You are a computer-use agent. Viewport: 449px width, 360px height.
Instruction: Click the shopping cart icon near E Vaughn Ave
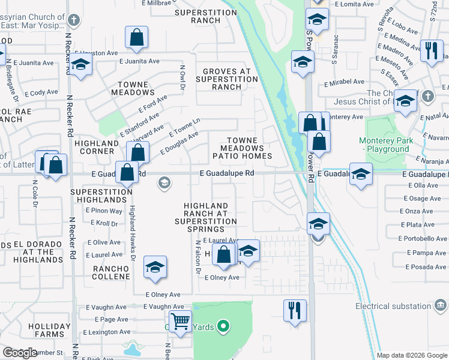coord(180,322)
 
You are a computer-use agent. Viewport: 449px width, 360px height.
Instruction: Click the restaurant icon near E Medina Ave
coord(431,51)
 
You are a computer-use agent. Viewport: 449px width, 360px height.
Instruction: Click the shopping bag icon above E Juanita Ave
coord(137,38)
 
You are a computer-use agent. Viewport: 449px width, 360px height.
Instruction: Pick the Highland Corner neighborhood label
coord(97,147)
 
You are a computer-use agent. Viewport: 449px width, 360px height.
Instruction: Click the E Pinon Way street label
coord(104,211)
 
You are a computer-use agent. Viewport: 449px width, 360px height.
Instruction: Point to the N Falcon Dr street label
coord(197,258)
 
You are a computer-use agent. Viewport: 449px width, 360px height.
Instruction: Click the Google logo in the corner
coord(20,353)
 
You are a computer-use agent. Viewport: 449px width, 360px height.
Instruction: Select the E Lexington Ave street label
coord(106,332)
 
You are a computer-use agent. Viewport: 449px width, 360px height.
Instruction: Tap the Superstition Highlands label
coord(101,196)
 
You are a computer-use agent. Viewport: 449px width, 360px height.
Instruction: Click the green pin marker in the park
coord(223,327)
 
